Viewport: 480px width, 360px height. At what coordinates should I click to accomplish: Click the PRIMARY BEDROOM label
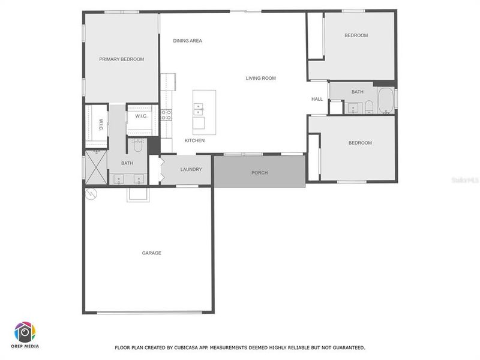122,59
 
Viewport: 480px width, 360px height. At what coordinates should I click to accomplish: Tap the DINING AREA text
188,41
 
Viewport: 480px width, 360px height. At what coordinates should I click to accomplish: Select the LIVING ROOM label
261,78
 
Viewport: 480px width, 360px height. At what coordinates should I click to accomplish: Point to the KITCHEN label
194,140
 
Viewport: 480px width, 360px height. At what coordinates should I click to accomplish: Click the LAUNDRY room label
191,169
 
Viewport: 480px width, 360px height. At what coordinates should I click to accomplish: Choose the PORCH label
260,173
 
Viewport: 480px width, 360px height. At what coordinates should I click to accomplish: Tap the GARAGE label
151,253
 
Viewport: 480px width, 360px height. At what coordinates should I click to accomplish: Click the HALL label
317,99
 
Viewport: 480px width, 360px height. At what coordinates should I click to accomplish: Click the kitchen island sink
198,108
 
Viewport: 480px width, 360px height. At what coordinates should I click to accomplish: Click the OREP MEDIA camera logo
25,332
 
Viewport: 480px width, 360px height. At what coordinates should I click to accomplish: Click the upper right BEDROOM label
356,35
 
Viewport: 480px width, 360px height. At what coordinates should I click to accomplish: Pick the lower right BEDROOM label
360,143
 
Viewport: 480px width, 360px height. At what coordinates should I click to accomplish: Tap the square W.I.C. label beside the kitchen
142,116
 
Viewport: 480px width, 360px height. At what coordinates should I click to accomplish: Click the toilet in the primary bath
138,145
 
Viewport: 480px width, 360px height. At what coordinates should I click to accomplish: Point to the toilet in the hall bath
369,107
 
